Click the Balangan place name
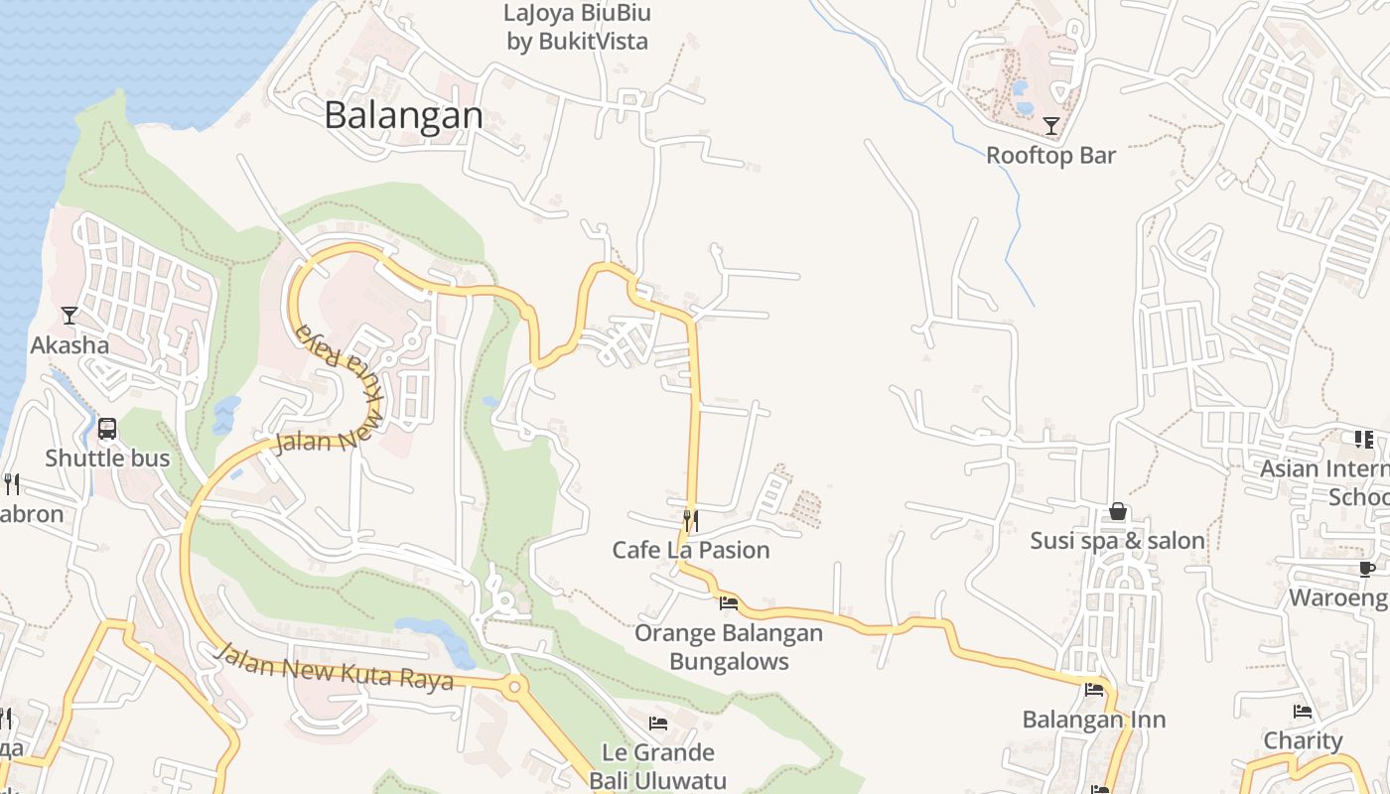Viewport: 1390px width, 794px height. (403, 116)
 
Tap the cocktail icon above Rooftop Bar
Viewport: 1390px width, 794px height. (1051, 126)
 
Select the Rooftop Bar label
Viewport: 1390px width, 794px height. (1051, 156)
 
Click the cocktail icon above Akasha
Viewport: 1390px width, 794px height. (69, 316)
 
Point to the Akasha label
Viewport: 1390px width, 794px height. (69, 345)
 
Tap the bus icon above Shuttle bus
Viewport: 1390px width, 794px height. (107, 429)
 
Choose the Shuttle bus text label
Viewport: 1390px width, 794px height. (107, 459)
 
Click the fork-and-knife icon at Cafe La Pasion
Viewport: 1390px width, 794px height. (691, 519)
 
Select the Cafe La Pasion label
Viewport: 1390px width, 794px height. (691, 550)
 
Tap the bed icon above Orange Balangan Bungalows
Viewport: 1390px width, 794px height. (729, 602)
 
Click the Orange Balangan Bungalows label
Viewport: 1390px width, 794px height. (729, 647)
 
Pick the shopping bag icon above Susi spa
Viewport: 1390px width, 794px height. (1118, 511)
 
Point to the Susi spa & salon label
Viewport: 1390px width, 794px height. (1118, 541)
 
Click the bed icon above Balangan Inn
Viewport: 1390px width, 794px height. (1094, 689)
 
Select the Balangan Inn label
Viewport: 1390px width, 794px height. (1094, 720)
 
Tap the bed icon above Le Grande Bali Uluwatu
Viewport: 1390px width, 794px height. (657, 723)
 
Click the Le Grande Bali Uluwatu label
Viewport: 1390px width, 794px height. (657, 766)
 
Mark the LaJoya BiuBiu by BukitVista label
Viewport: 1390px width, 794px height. (577, 27)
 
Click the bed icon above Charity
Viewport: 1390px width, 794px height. (1303, 711)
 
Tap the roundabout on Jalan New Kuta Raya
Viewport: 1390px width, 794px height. (513, 686)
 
